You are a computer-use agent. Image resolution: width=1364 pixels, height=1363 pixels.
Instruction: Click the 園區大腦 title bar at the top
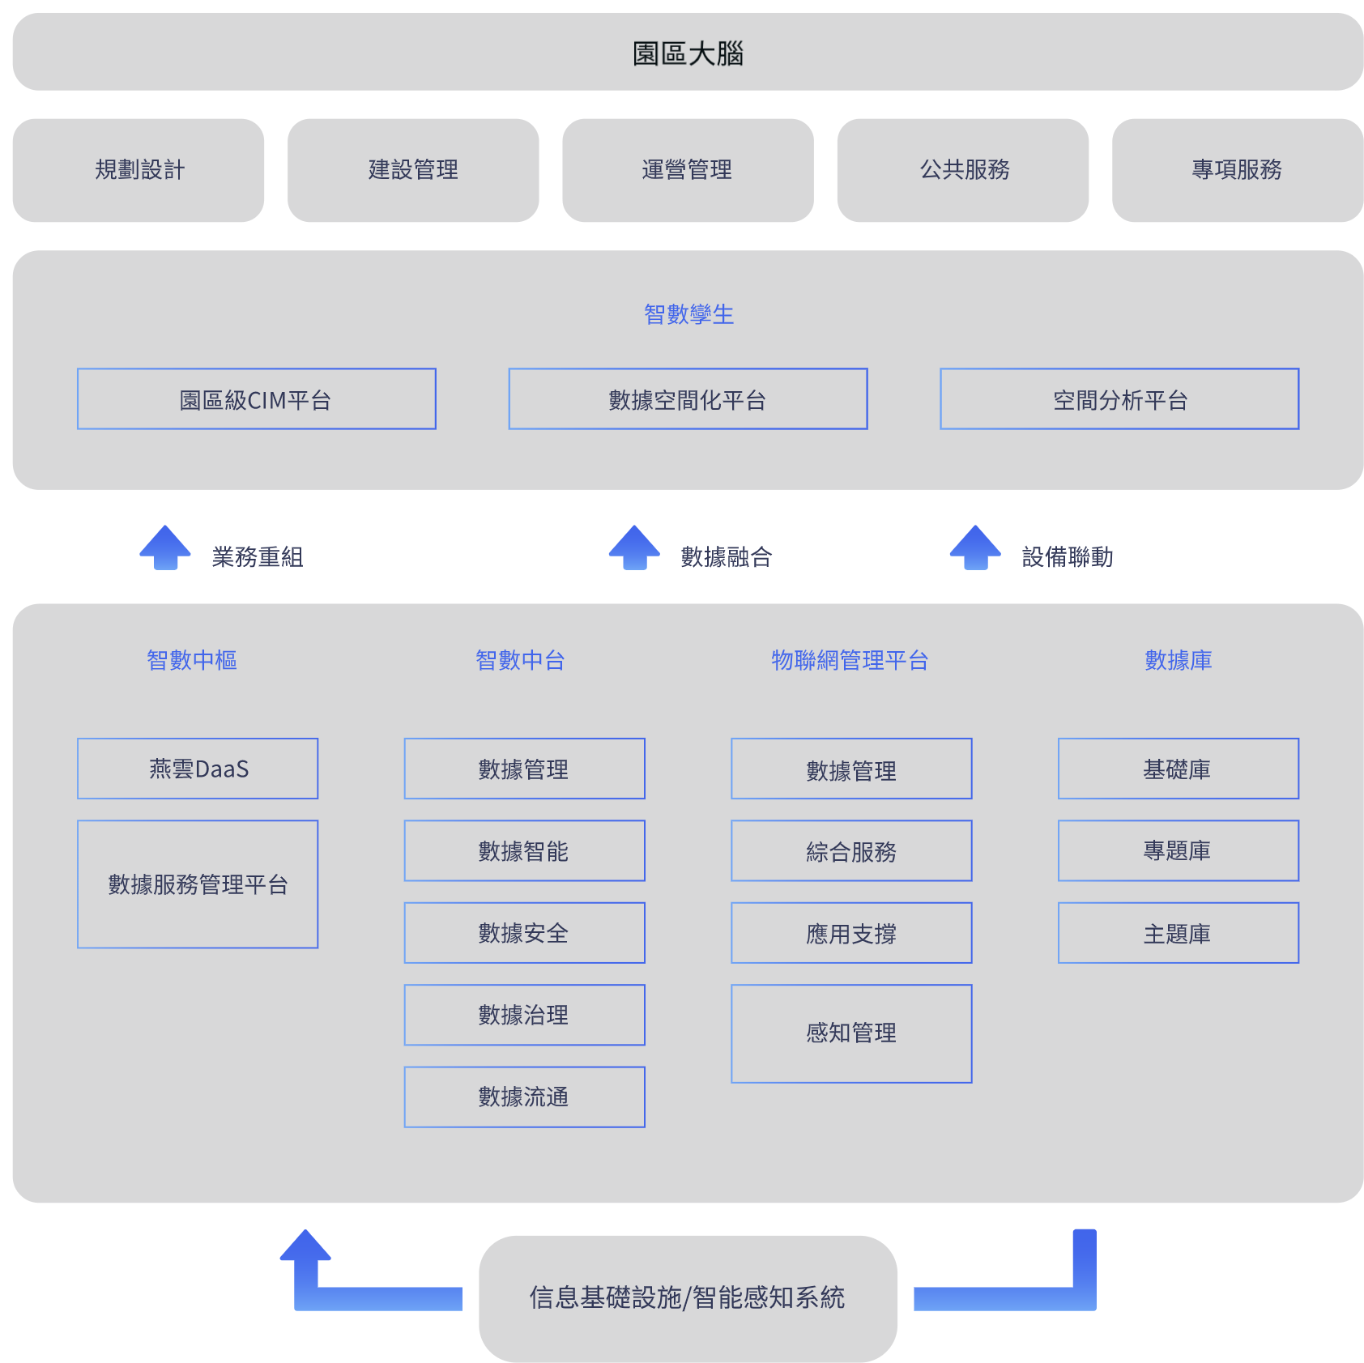pos(688,52)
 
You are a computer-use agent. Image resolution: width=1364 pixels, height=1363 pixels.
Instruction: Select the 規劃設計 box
pos(139,170)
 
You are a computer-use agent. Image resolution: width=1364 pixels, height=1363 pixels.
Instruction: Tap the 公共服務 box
pos(963,170)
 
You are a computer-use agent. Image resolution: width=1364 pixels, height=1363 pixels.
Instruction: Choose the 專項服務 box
pos(1238,170)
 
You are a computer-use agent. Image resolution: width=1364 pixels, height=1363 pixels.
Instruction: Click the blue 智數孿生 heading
pos(688,314)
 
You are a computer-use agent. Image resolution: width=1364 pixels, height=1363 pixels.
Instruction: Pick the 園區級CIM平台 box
pos(257,399)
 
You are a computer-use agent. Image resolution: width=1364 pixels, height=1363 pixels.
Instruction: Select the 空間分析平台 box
pos(1119,399)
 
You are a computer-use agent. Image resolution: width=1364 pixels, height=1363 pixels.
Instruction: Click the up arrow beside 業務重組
pos(165,547)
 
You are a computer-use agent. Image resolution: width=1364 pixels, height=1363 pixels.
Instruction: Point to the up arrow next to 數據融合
pos(635,547)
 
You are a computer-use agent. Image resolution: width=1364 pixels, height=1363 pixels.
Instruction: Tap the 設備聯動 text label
pos(1068,557)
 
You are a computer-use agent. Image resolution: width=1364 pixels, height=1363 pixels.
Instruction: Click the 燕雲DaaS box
pos(198,769)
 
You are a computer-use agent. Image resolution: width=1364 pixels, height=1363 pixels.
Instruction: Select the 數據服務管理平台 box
pos(198,884)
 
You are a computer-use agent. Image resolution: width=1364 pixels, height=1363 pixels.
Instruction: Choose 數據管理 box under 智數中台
pos(525,769)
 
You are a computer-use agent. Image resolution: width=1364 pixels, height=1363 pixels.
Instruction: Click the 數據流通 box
pos(525,1097)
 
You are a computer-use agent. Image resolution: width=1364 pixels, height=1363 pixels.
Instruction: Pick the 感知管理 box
pos(851,1033)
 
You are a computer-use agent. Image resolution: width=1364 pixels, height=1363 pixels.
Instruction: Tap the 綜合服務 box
pos(851,851)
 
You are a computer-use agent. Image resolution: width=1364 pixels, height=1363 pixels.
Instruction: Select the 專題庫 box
pos(1179,851)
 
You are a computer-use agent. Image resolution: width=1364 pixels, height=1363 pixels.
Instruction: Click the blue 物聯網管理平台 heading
pos(850,660)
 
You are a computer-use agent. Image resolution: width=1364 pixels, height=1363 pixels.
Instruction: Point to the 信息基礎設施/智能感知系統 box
pos(688,1298)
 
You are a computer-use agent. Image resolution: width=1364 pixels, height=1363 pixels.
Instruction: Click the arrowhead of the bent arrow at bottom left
pos(305,1245)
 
